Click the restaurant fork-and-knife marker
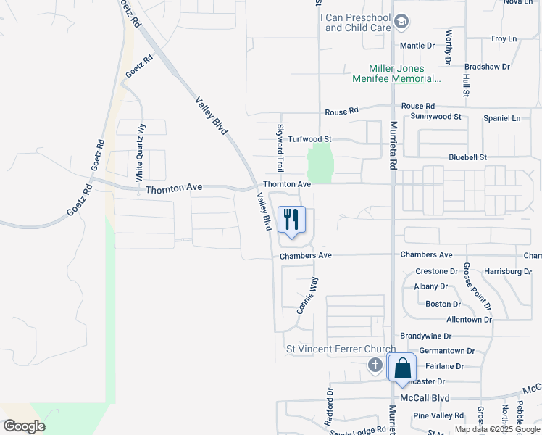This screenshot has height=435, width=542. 291,220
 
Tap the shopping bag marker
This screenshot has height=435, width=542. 401,368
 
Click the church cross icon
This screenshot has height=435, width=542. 375,365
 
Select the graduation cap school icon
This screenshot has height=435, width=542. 401,23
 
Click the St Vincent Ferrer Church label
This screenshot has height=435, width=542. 340,349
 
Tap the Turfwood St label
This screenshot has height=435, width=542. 309,138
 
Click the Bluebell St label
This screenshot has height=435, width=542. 467,157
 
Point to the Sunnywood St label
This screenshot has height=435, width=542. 435,116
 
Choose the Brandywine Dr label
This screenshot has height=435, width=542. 425,336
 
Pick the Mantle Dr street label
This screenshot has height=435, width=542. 417,45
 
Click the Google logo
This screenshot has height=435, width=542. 24,426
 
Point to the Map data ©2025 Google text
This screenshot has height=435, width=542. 497,429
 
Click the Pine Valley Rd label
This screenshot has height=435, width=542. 438,415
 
